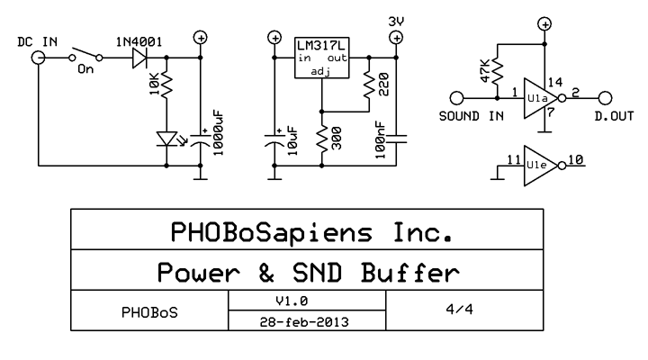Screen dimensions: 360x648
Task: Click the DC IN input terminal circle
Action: coord(39,58)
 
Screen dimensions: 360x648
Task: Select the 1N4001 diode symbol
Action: coord(139,58)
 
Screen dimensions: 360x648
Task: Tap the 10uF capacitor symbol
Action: coord(274,141)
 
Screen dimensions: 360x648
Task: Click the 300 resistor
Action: coord(322,139)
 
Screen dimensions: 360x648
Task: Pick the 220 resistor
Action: coord(367,86)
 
